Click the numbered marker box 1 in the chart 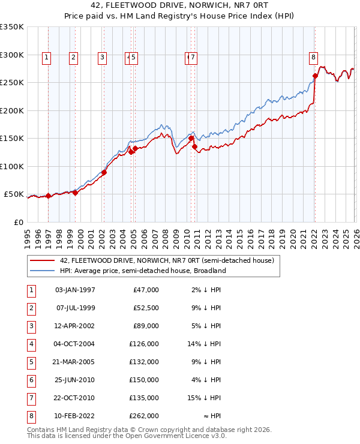click(47, 58)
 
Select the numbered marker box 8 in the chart click(313, 58)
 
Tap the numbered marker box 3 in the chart click(103, 58)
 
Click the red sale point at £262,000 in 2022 click(315, 76)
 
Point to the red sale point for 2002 click(104, 173)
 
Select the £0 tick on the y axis click(19, 222)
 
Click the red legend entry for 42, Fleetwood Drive click(167, 260)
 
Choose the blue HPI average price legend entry click(142, 271)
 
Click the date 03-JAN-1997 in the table click(75, 290)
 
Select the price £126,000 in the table click(145, 344)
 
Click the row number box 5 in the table click(30, 362)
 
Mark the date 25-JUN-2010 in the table click(75, 380)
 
